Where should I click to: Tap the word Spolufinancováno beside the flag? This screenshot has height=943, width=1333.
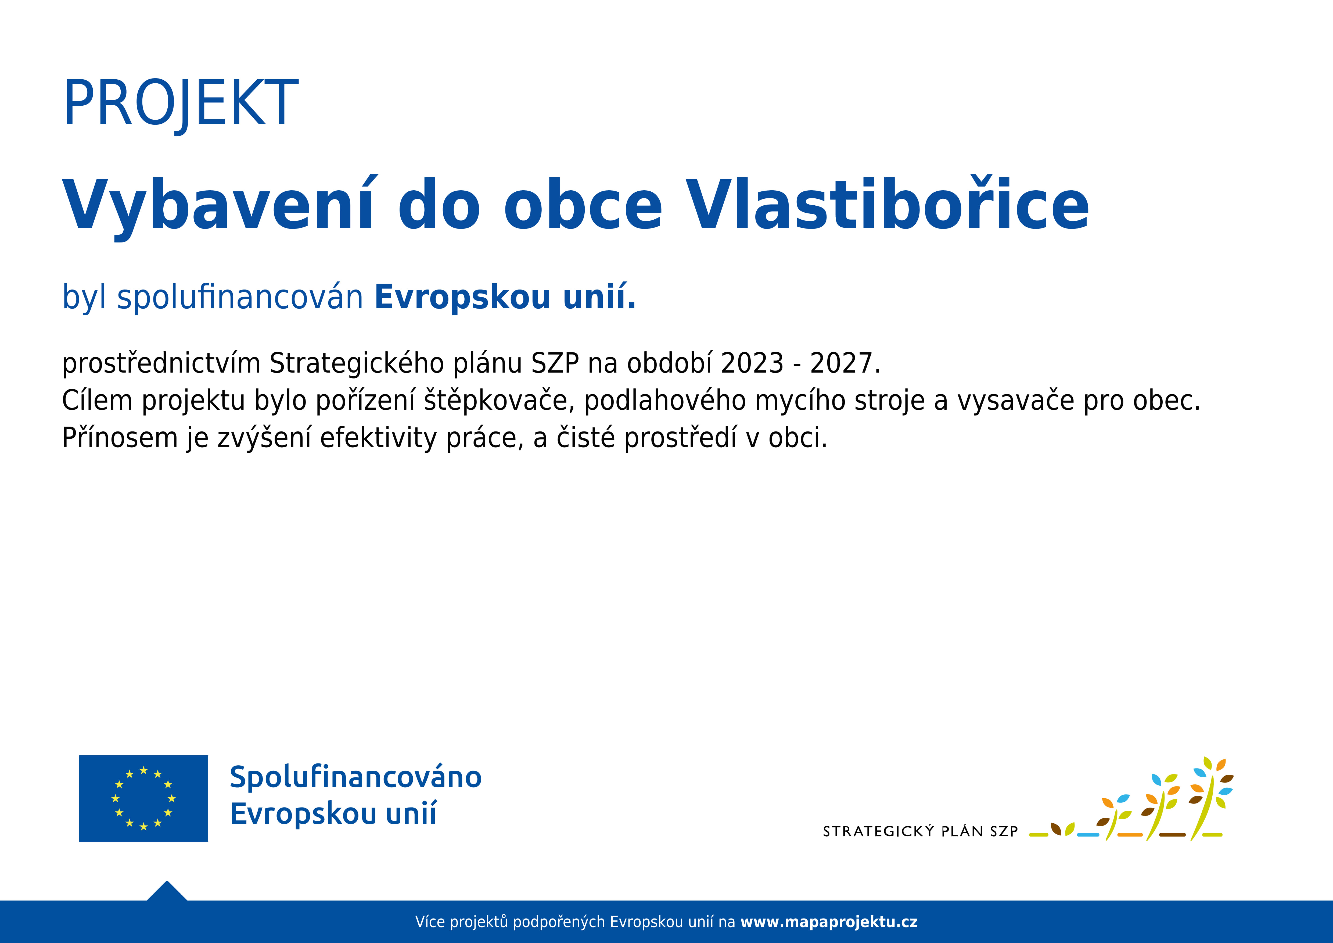[x=356, y=777]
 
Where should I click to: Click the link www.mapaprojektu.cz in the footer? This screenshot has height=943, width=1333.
[x=829, y=922]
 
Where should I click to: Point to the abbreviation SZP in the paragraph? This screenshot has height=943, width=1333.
[x=555, y=363]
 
